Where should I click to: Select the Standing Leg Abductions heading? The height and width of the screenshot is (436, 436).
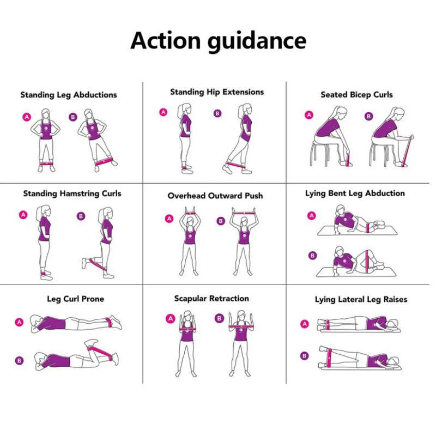point(69,95)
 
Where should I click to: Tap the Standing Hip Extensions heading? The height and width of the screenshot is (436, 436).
point(217,92)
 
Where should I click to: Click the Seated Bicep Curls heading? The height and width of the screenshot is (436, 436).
point(356,95)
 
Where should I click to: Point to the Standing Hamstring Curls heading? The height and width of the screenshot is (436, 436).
point(72,193)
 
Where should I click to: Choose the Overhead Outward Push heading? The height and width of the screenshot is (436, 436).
point(215,196)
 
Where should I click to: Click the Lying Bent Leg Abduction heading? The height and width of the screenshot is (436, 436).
point(355,193)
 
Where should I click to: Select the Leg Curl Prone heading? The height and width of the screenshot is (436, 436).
point(75,299)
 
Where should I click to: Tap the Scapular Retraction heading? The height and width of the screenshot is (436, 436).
point(211,299)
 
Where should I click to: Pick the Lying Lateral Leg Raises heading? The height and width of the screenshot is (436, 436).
point(361,299)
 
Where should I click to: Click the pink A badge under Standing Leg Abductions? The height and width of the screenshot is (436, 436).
point(26,117)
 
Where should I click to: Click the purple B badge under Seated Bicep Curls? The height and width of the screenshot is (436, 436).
point(368,116)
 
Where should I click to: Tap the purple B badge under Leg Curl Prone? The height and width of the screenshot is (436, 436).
point(19,360)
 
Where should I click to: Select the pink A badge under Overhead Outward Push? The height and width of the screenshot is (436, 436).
point(169,219)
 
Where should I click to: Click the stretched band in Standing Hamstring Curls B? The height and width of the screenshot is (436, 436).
point(97,267)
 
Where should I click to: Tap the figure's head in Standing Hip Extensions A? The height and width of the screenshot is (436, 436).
point(183,109)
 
